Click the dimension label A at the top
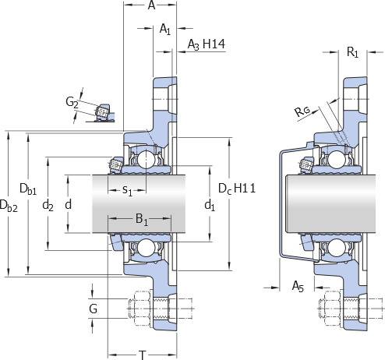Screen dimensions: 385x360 [x=151, y=5]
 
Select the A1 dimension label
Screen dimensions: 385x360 [x=165, y=29]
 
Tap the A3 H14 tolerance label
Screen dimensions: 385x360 [x=207, y=44]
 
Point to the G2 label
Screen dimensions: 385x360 [x=72, y=102]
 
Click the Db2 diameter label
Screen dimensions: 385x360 [x=9, y=206]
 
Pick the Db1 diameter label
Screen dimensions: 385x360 [x=28, y=189]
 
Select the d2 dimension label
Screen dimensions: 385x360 [x=48, y=206]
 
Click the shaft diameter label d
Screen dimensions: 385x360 [x=68, y=205]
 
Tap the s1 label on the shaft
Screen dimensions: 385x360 [x=127, y=191]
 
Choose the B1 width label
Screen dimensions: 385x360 [x=142, y=220]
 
